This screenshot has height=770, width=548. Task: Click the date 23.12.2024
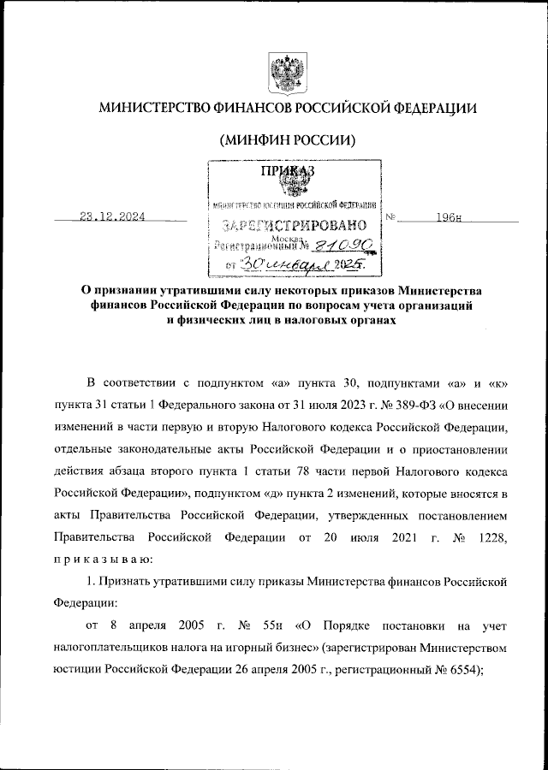pos(110,216)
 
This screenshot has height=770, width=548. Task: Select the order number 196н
pos(448,217)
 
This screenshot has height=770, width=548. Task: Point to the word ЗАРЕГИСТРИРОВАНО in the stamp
pos(295,227)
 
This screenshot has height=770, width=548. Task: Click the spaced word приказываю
pos(102,560)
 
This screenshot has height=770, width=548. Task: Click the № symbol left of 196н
pos(390,217)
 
